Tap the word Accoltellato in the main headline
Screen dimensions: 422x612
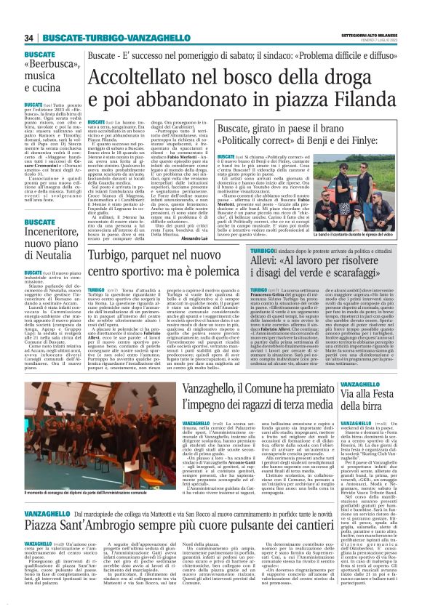[150, 80]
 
